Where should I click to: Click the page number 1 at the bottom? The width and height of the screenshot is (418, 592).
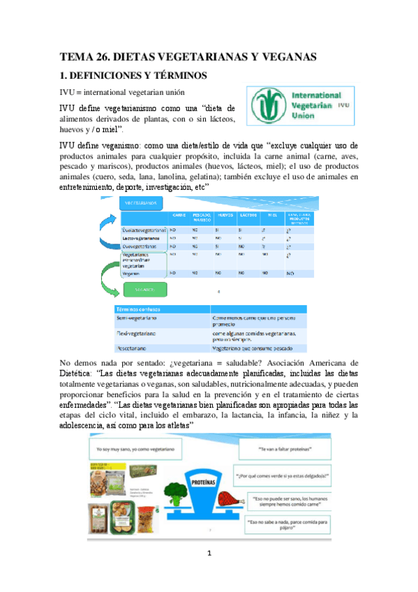click(x=209, y=555)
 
